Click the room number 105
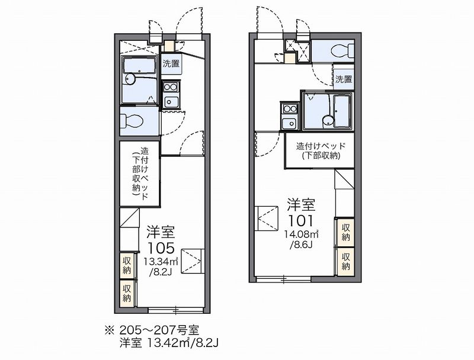click(161, 248)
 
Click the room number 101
click(300, 221)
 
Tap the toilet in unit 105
click(132, 121)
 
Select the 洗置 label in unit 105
click(171, 63)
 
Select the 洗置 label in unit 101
click(344, 79)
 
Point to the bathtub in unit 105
click(139, 66)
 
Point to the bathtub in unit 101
click(342, 111)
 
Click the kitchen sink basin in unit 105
click(171, 101)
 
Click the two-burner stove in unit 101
click(290, 108)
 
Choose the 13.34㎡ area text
click(160, 261)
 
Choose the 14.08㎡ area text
click(301, 234)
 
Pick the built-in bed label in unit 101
click(321, 151)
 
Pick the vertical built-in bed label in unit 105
click(140, 173)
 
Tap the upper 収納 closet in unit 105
click(127, 264)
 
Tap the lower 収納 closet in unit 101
click(345, 262)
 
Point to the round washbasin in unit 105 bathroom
click(130, 79)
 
